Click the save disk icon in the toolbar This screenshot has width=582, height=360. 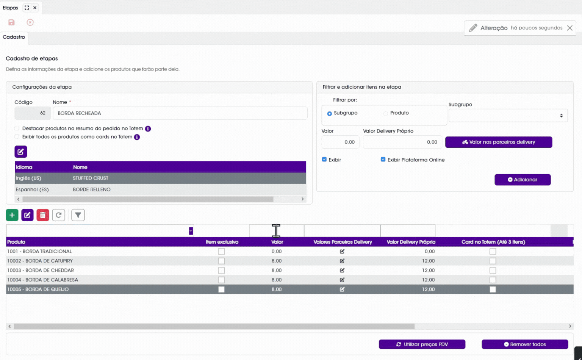pyautogui.click(x=11, y=22)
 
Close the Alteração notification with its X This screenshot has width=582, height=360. pyautogui.click(x=570, y=28)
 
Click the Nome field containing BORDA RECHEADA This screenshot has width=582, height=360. pyautogui.click(x=180, y=113)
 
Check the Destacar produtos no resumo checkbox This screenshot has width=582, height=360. pyautogui.click(x=17, y=128)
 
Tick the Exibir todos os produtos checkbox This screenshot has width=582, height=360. pyautogui.click(x=17, y=137)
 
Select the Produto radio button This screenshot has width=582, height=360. pyautogui.click(x=386, y=113)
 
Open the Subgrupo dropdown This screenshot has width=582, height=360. pyautogui.click(x=508, y=116)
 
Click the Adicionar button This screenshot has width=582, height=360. pyautogui.click(x=523, y=180)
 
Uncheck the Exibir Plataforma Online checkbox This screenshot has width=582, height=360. pyautogui.click(x=383, y=159)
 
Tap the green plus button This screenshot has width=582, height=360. pyautogui.click(x=12, y=215)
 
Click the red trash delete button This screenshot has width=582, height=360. pyautogui.click(x=43, y=215)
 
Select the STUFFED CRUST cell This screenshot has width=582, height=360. pyautogui.click(x=91, y=178)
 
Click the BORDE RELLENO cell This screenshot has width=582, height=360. pyautogui.click(x=92, y=189)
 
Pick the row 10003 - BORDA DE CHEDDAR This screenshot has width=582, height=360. pyautogui.click(x=41, y=270)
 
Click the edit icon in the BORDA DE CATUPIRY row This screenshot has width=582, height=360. pyautogui.click(x=342, y=261)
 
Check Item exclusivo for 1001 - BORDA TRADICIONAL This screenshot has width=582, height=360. pyautogui.click(x=221, y=251)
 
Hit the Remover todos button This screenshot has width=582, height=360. pyautogui.click(x=525, y=344)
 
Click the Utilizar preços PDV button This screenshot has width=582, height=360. pyautogui.click(x=422, y=344)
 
